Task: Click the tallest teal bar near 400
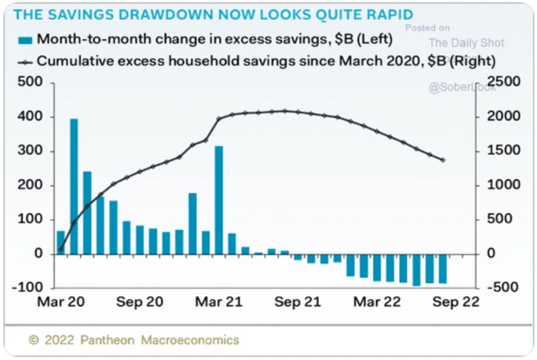click(74, 186)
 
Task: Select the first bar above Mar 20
click(61, 242)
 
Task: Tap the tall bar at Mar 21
click(219, 200)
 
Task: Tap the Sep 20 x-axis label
click(139, 302)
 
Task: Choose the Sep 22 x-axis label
click(454, 302)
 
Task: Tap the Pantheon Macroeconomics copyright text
click(134, 340)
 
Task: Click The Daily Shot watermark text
click(466, 43)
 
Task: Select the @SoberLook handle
click(462, 88)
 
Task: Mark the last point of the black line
click(443, 160)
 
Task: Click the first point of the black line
click(61, 249)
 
